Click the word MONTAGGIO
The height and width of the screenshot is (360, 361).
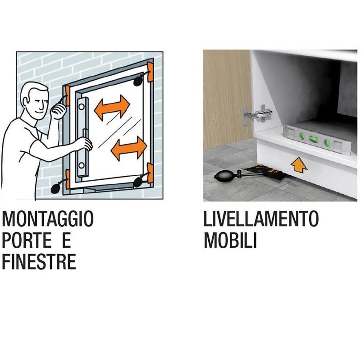[x=48, y=219]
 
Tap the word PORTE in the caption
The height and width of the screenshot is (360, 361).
[x=27, y=240]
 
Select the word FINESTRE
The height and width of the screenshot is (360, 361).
[x=39, y=261]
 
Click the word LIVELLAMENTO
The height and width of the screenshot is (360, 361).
[x=261, y=219]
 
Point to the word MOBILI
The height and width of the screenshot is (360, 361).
[x=230, y=240]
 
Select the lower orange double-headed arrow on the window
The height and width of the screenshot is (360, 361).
[x=129, y=148]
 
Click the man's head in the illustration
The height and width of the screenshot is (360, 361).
[x=35, y=100]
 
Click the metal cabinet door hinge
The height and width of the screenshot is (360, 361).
[x=258, y=115]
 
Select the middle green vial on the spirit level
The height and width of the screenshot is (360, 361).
[x=313, y=139]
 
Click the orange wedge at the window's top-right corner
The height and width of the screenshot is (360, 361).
[x=151, y=72]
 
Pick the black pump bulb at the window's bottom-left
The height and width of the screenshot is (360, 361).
[x=55, y=188]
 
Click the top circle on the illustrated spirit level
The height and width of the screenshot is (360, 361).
[x=81, y=107]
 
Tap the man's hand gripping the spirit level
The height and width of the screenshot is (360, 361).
[x=86, y=144]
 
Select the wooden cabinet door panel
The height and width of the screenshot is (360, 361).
[x=227, y=100]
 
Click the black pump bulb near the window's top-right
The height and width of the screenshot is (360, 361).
[x=138, y=81]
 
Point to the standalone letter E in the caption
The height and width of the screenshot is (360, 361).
[x=67, y=240]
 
